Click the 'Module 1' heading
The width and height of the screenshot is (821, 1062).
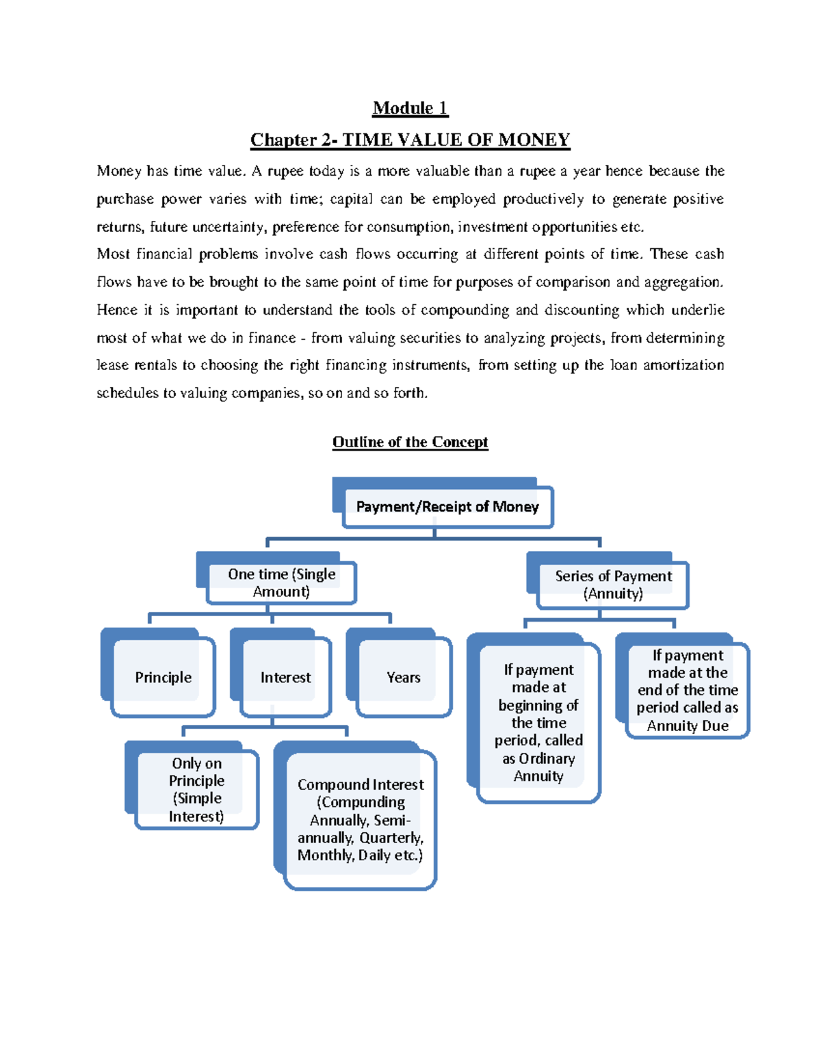point(410,108)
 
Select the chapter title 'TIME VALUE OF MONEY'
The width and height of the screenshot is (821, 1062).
point(456,140)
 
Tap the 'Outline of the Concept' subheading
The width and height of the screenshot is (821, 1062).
point(410,442)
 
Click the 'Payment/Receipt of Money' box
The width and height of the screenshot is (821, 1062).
point(447,507)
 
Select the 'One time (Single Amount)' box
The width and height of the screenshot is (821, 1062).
point(281,583)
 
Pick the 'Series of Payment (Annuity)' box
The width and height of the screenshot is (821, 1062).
point(613,585)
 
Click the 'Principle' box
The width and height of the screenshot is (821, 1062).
point(163,677)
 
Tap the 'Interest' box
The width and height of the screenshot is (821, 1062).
point(285,677)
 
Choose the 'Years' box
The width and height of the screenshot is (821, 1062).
point(403,677)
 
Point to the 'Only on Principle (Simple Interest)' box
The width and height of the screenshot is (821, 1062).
point(196,789)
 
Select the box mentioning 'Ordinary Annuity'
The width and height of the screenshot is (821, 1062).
point(538,722)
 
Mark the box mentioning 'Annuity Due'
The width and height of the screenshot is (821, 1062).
point(688,690)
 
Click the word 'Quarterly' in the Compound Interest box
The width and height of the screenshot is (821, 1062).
point(391,838)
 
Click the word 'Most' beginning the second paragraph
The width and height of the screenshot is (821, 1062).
point(113,254)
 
